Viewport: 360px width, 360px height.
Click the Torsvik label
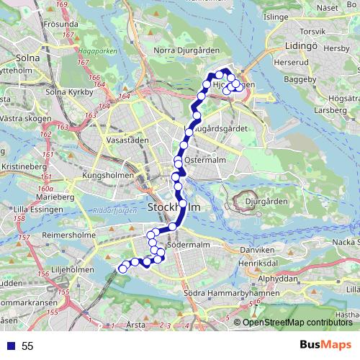(x=312, y=31)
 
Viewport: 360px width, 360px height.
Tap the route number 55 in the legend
(x=27, y=346)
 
